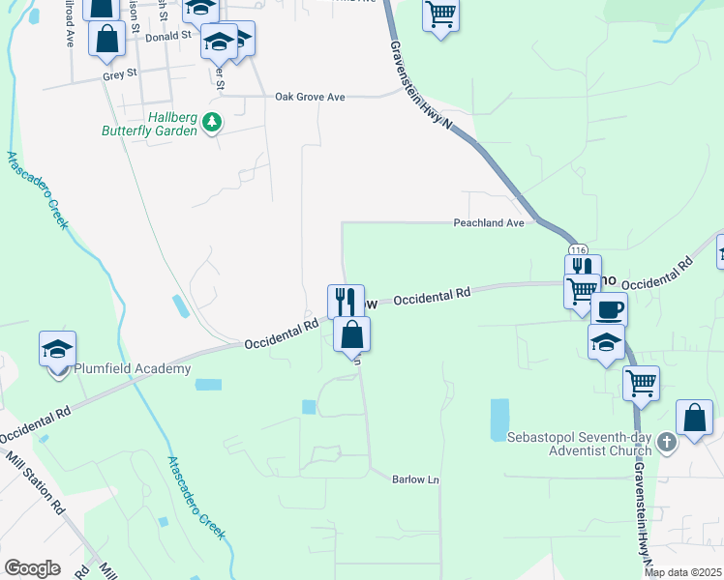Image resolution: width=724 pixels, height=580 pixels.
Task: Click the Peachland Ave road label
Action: point(489,222)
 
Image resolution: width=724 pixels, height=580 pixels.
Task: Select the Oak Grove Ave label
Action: point(310,97)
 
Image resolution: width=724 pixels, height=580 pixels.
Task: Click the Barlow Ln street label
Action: point(415,479)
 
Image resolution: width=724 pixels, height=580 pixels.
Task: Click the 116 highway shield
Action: point(573,250)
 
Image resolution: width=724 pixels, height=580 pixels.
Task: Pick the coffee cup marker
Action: point(609,309)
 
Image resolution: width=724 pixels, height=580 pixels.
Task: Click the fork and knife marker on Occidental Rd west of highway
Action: point(346,301)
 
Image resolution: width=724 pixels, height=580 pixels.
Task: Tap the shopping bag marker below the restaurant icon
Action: point(352,334)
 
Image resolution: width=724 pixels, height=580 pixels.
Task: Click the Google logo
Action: point(32,568)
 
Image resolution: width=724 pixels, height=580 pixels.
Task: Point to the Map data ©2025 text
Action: point(683,572)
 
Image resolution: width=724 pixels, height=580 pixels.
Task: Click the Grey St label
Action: point(121,72)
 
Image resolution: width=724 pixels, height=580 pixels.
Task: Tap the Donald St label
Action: point(169,36)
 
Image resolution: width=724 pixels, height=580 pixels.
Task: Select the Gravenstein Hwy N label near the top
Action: point(423,82)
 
